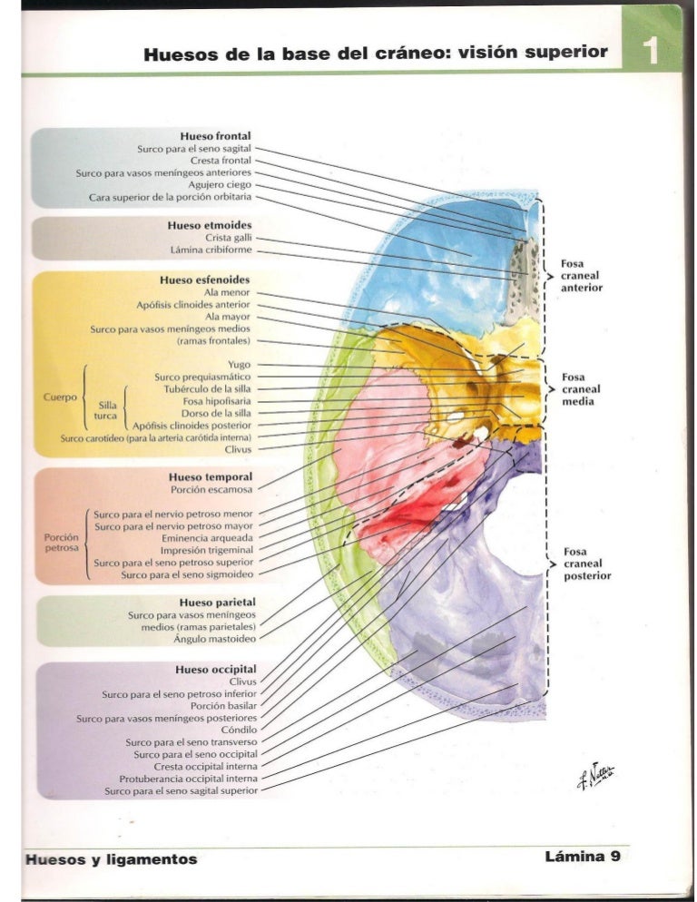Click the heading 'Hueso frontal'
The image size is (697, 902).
click(215, 136)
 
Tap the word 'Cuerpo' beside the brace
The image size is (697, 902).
click(59, 397)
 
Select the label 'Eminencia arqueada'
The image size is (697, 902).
click(207, 537)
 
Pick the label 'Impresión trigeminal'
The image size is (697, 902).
click(207, 550)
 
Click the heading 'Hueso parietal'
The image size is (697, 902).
click(217, 602)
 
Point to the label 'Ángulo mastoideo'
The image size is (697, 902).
click(211, 639)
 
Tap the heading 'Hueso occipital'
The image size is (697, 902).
click(215, 669)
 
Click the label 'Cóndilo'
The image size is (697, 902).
click(238, 730)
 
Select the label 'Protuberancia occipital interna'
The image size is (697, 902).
click(188, 779)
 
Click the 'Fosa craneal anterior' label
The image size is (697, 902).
click(581, 276)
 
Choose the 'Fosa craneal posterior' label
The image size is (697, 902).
click(586, 564)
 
